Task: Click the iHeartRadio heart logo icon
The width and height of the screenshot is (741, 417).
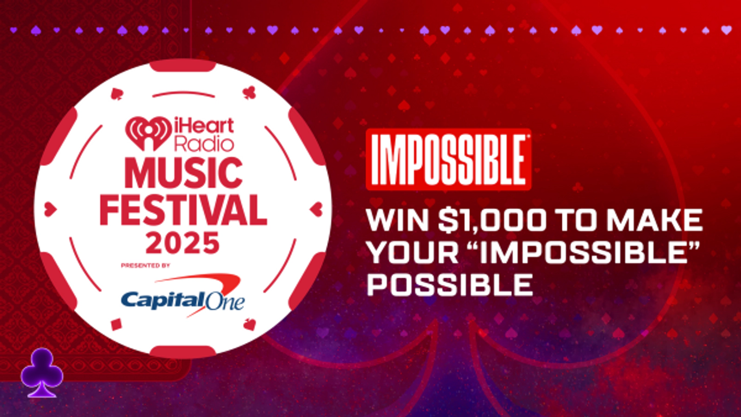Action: [x=148, y=133]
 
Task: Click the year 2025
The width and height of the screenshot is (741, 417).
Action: [x=182, y=243]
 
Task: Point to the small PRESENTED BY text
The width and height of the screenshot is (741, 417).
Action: [x=145, y=266]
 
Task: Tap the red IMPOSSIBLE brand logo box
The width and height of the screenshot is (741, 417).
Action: [x=448, y=159]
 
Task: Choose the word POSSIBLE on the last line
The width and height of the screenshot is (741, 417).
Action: [x=450, y=284]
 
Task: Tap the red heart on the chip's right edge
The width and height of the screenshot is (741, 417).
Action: [x=317, y=209]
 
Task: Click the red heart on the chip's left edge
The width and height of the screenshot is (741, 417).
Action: [x=50, y=210]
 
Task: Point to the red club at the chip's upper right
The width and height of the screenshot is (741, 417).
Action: [x=249, y=92]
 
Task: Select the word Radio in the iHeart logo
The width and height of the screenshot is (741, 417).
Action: [x=204, y=144]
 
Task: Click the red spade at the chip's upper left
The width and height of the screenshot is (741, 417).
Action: [x=117, y=94]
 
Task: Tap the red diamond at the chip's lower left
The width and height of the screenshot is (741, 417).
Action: [x=116, y=324]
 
